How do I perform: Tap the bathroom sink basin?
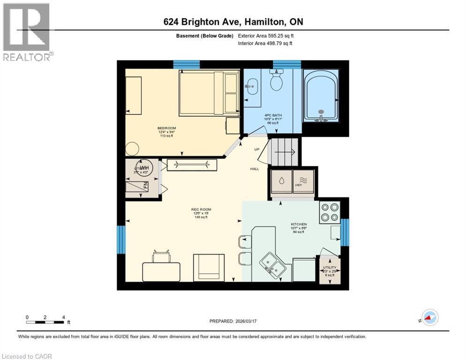coord(252,85)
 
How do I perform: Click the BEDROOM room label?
coord(166,128)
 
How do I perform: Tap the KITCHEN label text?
coord(299,225)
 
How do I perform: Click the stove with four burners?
coord(330,212)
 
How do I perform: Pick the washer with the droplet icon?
coord(281,181)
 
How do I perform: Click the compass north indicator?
coord(429,318)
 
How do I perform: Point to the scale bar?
coord(45,322)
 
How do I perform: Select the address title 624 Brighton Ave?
coord(233,22)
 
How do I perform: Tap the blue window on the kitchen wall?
coord(345,232)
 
